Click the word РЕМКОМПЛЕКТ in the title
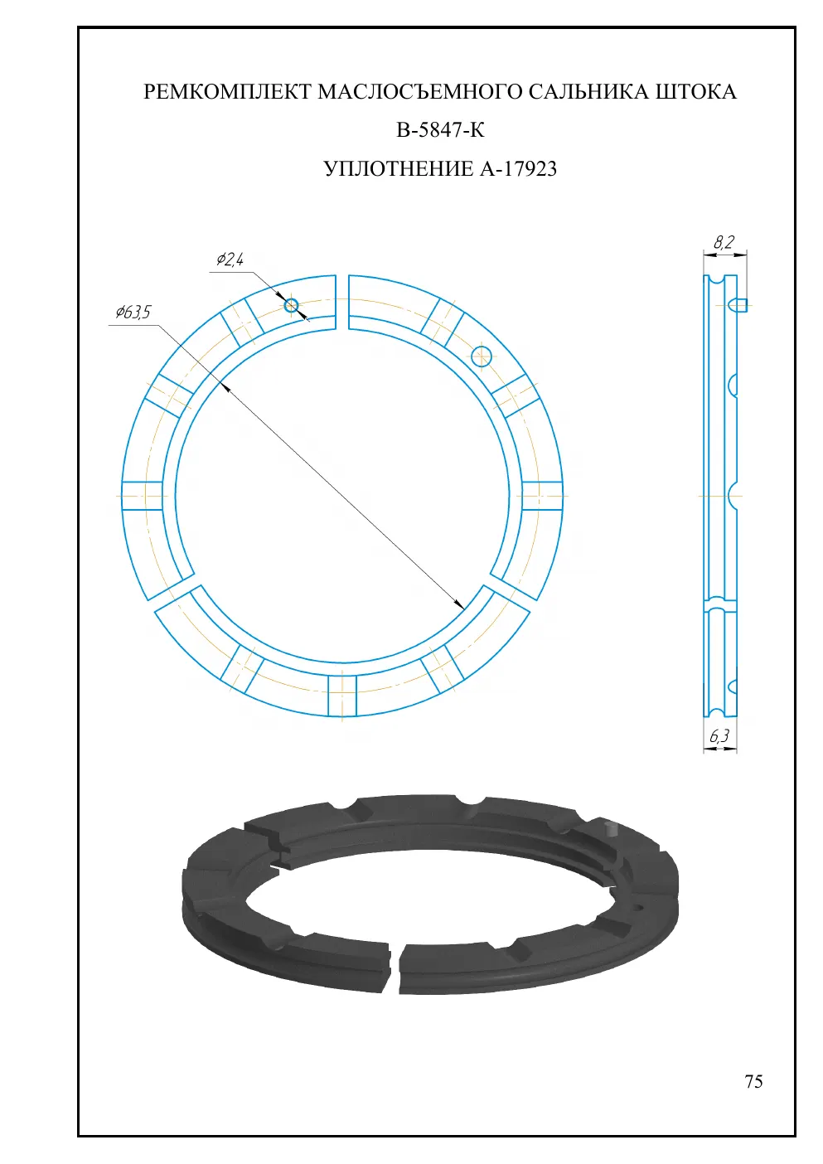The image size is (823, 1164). coord(228,92)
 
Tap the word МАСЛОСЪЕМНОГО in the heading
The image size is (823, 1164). coord(420,92)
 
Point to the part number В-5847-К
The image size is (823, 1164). coord(440,130)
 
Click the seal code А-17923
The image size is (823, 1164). coord(518,169)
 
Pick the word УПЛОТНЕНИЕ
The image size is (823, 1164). coord(399,169)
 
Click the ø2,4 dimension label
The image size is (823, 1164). coord(230,259)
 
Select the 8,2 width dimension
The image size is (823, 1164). coord(724,242)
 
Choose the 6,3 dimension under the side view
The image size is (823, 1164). coord(719,735)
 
